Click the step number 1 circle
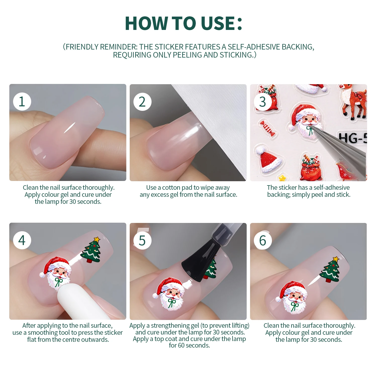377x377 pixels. (22, 102)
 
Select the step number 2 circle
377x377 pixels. (142, 102)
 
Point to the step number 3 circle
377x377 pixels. (263, 102)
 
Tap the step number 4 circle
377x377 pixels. (22, 240)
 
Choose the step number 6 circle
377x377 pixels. (263, 241)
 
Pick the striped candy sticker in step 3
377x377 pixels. (267, 128)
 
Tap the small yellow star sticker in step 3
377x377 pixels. (282, 178)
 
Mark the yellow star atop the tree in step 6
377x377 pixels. (336, 259)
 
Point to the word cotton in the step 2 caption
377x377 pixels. (171, 188)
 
